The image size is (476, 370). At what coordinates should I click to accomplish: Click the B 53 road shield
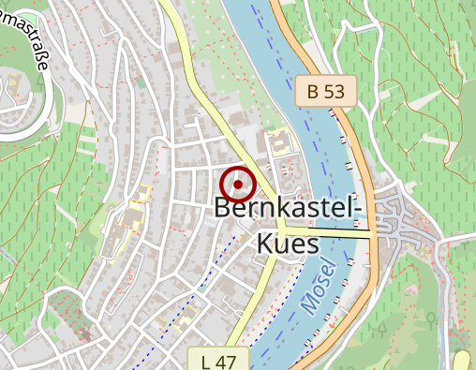(326, 90)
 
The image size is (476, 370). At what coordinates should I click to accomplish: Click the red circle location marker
(238, 185)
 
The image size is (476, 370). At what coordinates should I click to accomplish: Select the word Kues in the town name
(286, 244)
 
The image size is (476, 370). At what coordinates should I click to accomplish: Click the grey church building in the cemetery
(84, 333)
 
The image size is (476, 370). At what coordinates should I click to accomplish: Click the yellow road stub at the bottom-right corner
(463, 362)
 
